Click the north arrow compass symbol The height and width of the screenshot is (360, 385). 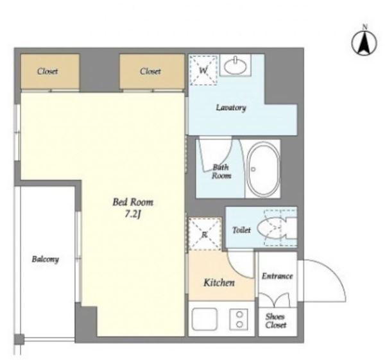(x=364, y=43)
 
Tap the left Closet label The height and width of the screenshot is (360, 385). (x=47, y=71)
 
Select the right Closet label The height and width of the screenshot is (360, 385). (x=150, y=71)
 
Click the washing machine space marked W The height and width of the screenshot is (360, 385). (x=203, y=70)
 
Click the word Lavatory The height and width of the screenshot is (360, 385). (x=231, y=108)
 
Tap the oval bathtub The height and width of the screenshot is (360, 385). (x=263, y=169)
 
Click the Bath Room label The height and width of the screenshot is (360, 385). (x=221, y=171)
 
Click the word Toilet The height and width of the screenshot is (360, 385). (x=241, y=230)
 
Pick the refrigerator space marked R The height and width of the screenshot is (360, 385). (x=205, y=234)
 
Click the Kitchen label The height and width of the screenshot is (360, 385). (x=219, y=282)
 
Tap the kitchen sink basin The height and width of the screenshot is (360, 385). (x=205, y=319)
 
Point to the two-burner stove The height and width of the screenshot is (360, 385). (x=239, y=319)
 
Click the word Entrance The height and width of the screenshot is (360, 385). (x=277, y=276)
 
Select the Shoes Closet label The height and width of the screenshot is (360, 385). (x=276, y=321)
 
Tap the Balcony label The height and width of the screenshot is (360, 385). (x=46, y=259)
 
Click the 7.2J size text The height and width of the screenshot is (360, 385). (x=133, y=214)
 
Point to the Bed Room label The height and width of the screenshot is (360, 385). (x=133, y=202)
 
